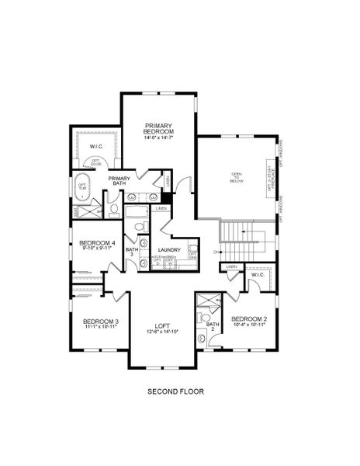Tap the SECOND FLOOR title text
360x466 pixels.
click(x=176, y=392)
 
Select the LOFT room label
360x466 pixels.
click(x=162, y=325)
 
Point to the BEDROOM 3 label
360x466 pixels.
click(x=101, y=322)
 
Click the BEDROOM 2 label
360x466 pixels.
click(x=249, y=319)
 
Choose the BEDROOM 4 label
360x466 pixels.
click(x=98, y=243)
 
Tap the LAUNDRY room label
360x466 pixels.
click(x=169, y=250)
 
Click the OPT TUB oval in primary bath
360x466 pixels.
click(x=82, y=186)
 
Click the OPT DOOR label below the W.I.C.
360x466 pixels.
click(x=96, y=162)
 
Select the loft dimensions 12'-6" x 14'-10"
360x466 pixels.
click(x=162, y=332)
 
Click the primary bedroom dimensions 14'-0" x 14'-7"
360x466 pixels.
click(x=157, y=138)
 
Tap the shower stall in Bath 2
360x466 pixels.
click(x=206, y=301)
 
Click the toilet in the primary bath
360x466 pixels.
click(x=113, y=209)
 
